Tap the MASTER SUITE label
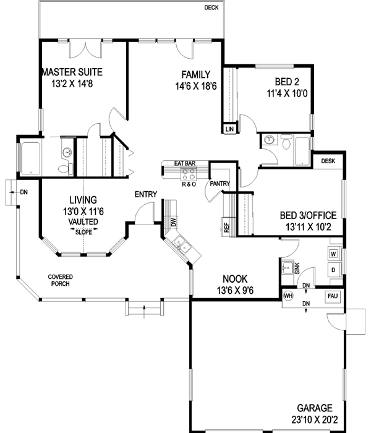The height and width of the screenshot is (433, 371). coord(68,72)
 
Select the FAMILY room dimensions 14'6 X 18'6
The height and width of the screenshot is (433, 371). coord(195,87)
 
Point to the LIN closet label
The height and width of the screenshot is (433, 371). coord(229,129)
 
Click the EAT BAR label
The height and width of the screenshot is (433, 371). coord(185,163)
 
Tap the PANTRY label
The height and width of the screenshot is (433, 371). coord(220,184)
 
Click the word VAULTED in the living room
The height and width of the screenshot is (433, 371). coord(82,221)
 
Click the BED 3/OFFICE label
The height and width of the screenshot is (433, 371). coord(308,215)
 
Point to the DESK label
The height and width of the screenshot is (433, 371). coord(328,161)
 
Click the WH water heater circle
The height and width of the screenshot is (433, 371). coord(288,296)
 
